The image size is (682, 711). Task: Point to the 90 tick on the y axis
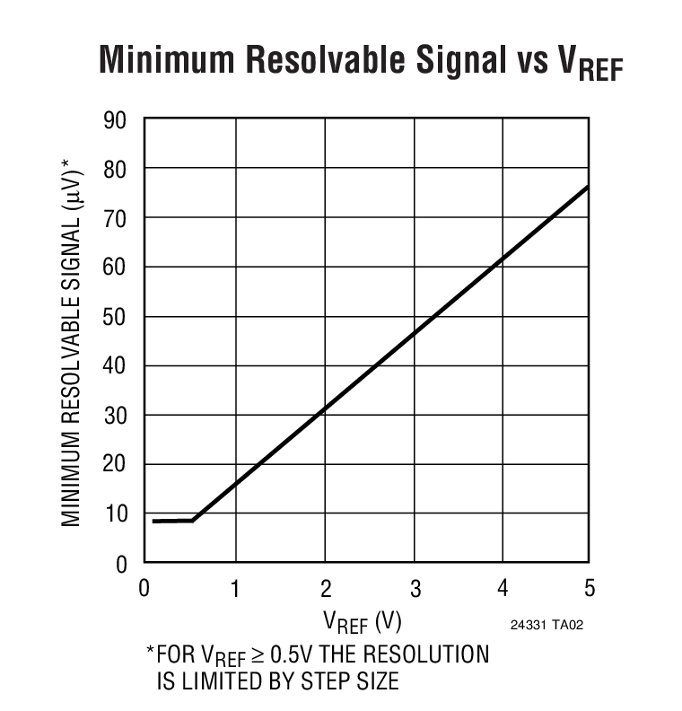click(x=116, y=119)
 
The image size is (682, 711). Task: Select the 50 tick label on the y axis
click(x=116, y=317)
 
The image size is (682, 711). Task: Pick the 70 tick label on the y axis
click(x=116, y=218)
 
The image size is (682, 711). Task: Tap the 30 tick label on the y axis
click(x=116, y=416)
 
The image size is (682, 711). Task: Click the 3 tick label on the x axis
click(x=414, y=589)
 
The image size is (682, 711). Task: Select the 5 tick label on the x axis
click(x=589, y=589)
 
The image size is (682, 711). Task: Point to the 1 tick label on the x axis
click(x=236, y=589)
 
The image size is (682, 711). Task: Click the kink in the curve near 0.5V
click(x=193, y=520)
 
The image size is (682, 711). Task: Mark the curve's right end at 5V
click(x=589, y=186)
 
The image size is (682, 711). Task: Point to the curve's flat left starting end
click(x=154, y=521)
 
